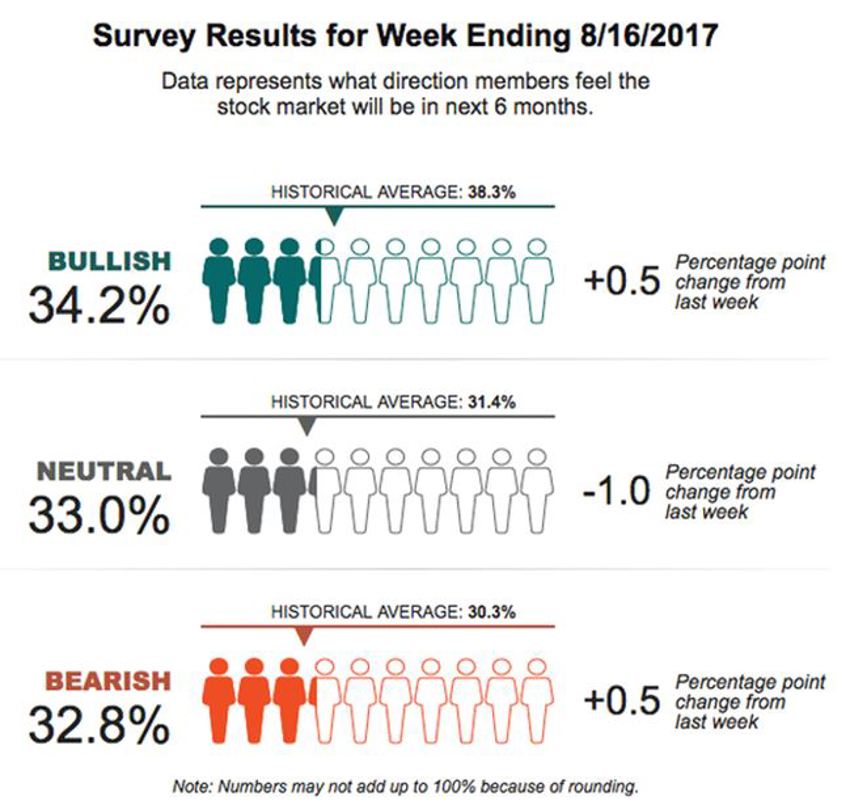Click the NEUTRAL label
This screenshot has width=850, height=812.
click(x=103, y=470)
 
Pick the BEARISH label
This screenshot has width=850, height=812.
click(x=107, y=681)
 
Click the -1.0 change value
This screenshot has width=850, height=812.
click(x=615, y=491)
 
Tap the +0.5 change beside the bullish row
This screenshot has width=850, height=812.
click(x=621, y=282)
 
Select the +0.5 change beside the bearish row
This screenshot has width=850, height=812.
click(x=621, y=700)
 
